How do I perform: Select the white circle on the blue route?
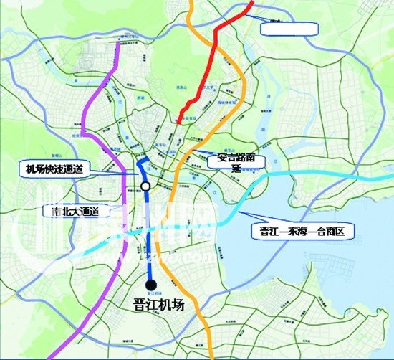point(145,186)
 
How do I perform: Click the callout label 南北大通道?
point(75,212)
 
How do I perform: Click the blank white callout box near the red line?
point(289,29)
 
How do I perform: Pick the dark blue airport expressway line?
point(150,237)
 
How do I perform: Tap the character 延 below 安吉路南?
point(236,166)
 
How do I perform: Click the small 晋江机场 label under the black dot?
point(152,294)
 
